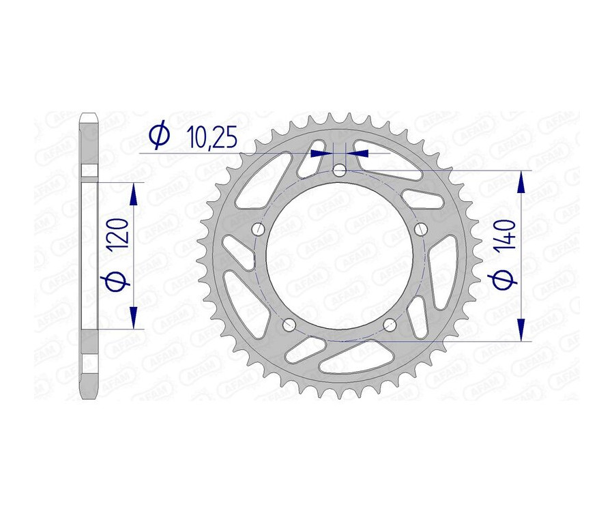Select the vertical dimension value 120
click(x=118, y=235)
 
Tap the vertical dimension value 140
click(x=505, y=236)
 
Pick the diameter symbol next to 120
click(x=117, y=281)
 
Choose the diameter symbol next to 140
click(x=505, y=279)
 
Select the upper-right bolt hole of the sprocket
click(x=421, y=228)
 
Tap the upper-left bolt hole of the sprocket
click(x=258, y=229)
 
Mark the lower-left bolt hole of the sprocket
click(x=289, y=323)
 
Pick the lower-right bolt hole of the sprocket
click(x=390, y=323)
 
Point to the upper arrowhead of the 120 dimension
click(x=133, y=194)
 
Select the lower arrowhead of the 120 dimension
click(x=133, y=317)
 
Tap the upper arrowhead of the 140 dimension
click(x=522, y=184)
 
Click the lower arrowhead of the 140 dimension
click(x=522, y=328)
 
